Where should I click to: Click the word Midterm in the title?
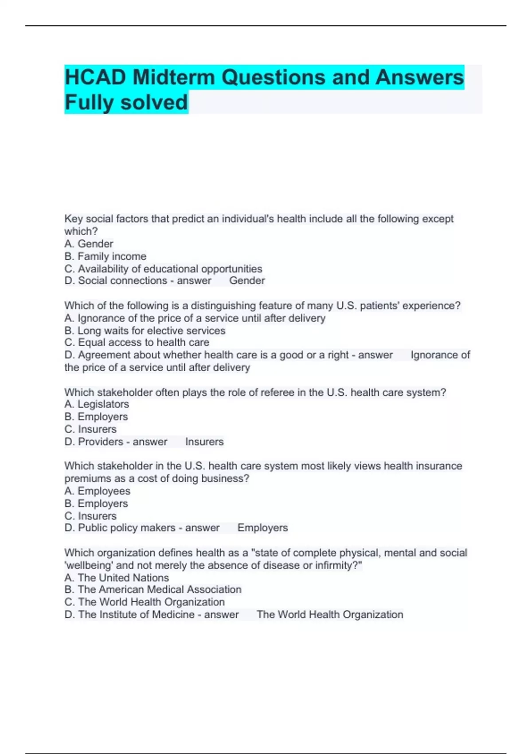click(x=173, y=78)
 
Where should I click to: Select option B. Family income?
click(x=106, y=256)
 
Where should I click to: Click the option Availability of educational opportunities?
click(x=164, y=269)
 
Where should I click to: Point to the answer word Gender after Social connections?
click(x=247, y=281)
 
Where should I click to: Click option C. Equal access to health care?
click(x=137, y=342)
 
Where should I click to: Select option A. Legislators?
click(x=97, y=404)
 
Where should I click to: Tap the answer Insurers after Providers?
click(x=204, y=442)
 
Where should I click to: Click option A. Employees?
click(x=98, y=491)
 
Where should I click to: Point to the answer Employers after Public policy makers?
click(x=262, y=528)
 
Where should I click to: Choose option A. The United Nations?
click(x=117, y=578)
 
